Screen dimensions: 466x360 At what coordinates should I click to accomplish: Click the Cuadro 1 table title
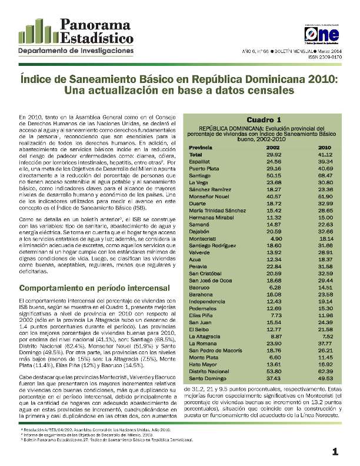(x=263, y=119)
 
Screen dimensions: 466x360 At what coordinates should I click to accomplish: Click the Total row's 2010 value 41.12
(x=325, y=154)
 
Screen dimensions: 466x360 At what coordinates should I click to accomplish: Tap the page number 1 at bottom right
(x=335, y=452)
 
